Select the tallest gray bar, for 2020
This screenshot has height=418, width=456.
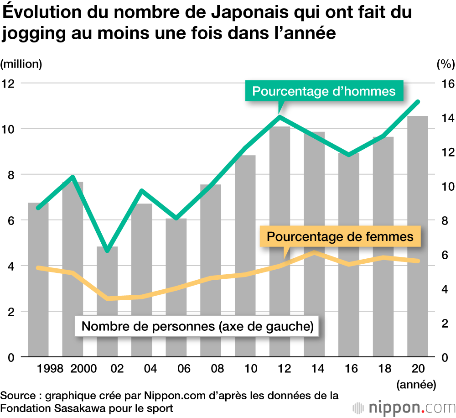pos(418,237)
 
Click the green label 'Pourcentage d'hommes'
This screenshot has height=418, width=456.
pos(324,91)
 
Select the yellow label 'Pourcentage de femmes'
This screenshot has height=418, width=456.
pos(340,237)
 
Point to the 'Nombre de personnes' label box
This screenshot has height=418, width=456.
pos(197,327)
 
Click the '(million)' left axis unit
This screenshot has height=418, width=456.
pos(21,64)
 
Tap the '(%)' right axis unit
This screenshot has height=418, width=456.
pos(445,64)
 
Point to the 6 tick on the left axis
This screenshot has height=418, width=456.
pos(10,220)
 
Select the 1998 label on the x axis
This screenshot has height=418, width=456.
pos(50,369)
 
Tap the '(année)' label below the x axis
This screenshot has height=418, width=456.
pos(416,384)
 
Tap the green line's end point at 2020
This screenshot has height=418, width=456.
pos(418,101)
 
